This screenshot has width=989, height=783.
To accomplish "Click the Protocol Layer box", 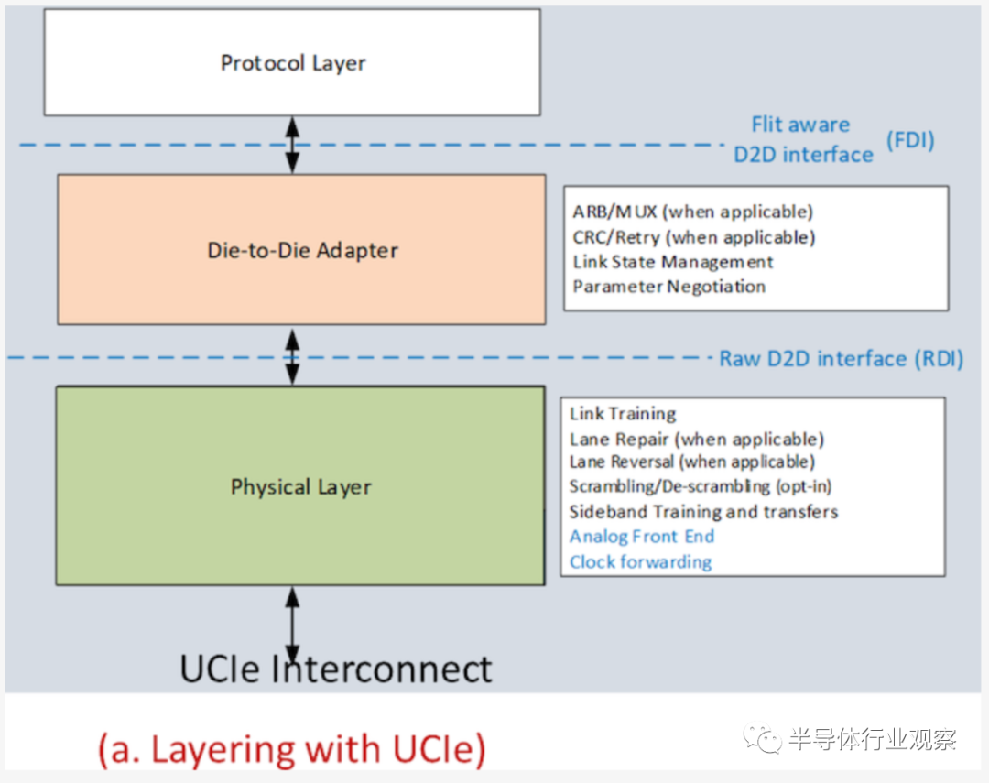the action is tap(292, 62).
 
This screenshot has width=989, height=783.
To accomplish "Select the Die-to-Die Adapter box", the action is tap(301, 250).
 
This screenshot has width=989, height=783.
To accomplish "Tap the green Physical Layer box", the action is tap(300, 485).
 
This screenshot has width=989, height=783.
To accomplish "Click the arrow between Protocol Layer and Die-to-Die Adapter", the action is tap(292, 145).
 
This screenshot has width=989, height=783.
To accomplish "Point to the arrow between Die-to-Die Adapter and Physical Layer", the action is tap(292, 357).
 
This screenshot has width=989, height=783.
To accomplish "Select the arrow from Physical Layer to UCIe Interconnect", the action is tap(292, 625).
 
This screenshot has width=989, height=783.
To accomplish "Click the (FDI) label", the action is tap(910, 140).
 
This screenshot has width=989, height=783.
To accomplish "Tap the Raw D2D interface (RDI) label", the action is tap(842, 359).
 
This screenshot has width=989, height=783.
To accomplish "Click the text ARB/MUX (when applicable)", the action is tap(692, 212).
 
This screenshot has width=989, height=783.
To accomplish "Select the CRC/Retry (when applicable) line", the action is tap(694, 237).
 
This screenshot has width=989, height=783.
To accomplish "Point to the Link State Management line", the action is tap(673, 262).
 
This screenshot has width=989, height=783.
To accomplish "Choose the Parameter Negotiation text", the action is tap(669, 287).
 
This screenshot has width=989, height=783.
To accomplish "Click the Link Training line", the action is tap(623, 414).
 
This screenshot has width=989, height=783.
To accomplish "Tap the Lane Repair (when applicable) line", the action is tap(697, 440).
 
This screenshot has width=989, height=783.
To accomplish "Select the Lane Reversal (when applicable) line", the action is tap(692, 462).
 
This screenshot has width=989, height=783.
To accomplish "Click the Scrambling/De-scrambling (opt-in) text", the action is tap(701, 486).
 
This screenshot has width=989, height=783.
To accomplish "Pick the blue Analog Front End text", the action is tap(642, 537).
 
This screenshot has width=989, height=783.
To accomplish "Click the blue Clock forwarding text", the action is tap(641, 561).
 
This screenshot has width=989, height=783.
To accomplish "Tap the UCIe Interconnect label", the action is tap(335, 669).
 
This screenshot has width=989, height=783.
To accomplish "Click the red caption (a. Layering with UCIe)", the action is tap(292, 749).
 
